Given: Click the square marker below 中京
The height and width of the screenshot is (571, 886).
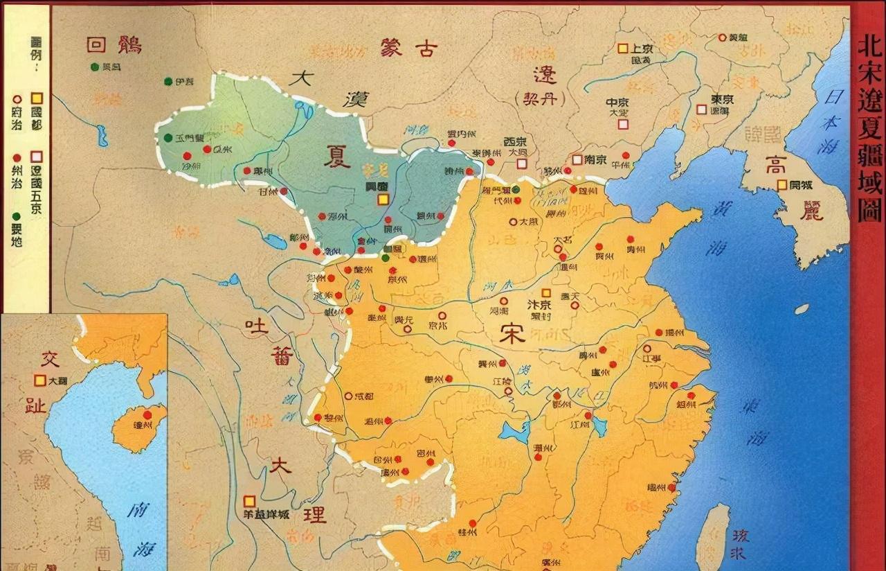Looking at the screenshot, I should [623, 124].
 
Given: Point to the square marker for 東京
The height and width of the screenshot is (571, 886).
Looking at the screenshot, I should [702, 109].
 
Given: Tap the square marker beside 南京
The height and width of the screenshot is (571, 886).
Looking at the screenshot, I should [577, 159].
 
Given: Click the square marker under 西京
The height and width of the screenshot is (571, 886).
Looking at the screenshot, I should [521, 164].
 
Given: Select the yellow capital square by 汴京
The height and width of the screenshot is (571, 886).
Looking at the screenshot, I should [546, 293].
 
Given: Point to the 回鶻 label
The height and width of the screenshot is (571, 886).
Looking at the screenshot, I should [114, 46].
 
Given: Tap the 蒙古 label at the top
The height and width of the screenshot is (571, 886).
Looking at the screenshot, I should [408, 47].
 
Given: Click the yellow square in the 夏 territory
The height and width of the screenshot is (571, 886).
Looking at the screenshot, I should [383, 200].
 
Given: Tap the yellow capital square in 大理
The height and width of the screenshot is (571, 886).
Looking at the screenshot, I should [249, 501].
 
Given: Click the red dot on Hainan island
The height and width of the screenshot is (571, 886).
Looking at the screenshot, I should [147, 415].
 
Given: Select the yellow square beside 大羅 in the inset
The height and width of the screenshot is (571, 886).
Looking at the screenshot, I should [40, 380].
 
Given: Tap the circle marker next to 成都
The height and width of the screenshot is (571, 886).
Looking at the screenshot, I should [348, 396].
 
